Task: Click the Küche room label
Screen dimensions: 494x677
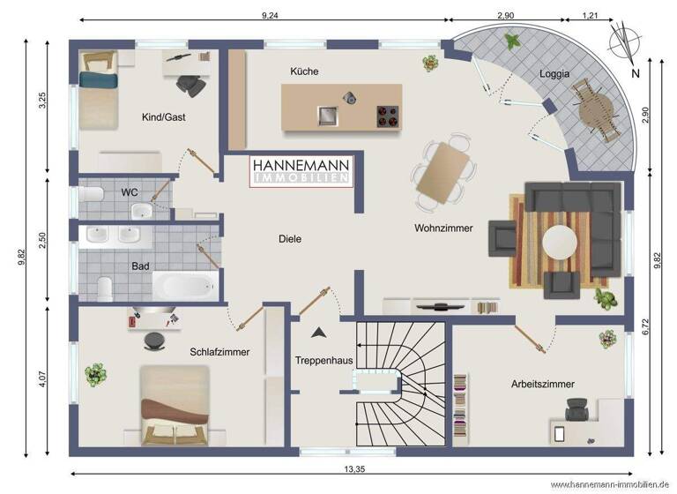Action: coord(304,71)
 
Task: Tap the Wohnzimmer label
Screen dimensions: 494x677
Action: coord(443,228)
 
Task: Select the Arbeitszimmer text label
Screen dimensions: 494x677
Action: coord(542,385)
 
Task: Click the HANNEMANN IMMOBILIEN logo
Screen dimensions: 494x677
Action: coord(302,170)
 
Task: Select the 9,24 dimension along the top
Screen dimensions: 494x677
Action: coord(271,16)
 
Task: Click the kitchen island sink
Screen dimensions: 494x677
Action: coord(328,115)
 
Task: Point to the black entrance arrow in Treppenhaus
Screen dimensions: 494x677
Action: coord(318,333)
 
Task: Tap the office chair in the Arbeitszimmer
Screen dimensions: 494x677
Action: coord(576,409)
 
